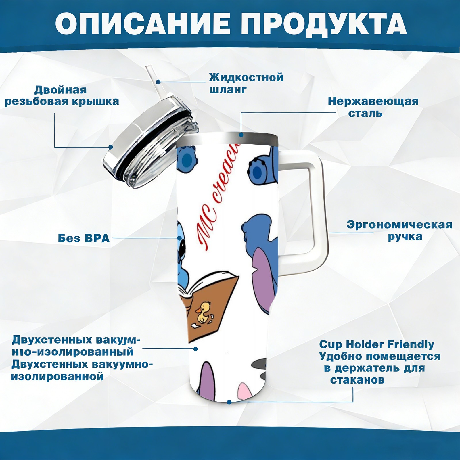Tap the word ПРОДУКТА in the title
tap(323, 23)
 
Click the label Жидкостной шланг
tap(246, 83)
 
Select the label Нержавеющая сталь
tap(373, 107)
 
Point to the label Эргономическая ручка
tap(399, 231)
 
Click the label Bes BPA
tap(84, 238)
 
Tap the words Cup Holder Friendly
tap(377, 344)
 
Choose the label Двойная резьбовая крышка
tap(62, 95)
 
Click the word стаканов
tap(357, 380)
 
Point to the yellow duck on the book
tap(203, 311)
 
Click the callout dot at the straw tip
tap(158, 82)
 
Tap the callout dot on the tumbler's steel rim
tap(241, 135)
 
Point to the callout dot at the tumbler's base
tap(229, 402)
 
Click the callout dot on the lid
tap(110, 147)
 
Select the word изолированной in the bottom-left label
tap(57, 377)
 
